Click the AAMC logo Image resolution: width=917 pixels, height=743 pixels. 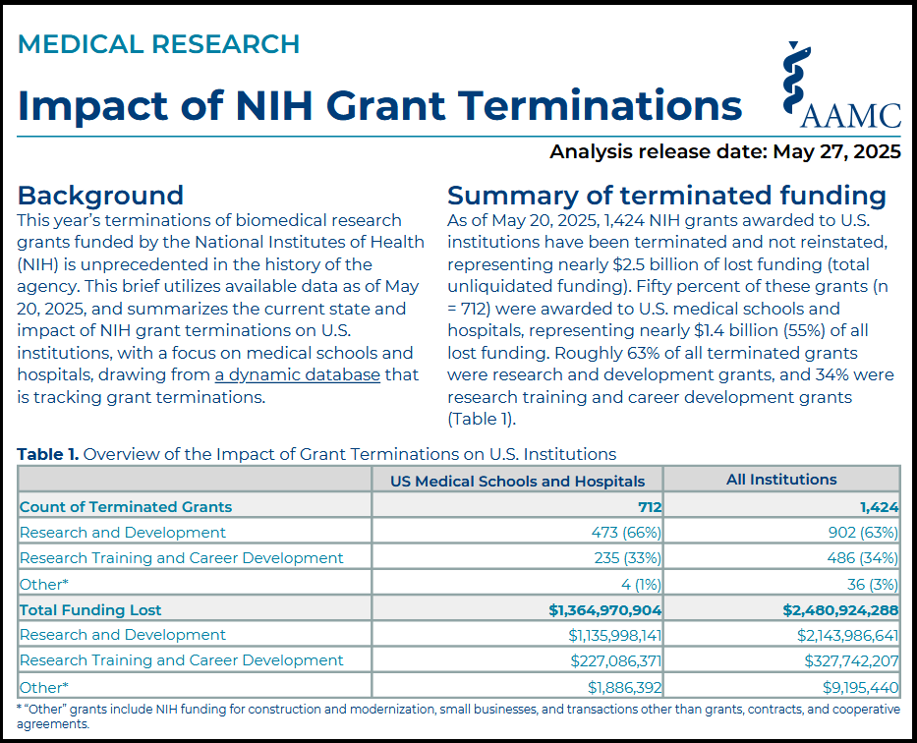click(x=841, y=86)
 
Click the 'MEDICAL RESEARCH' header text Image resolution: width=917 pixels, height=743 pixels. click(x=158, y=44)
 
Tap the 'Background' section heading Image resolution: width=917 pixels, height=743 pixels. click(x=100, y=196)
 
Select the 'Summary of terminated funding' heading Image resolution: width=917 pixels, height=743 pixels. click(x=666, y=196)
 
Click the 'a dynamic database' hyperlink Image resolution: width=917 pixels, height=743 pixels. click(x=298, y=374)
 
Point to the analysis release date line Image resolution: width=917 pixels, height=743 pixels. click(x=725, y=152)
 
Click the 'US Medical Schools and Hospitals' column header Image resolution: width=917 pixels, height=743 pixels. click(x=518, y=482)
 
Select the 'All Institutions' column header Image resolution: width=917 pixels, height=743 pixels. click(x=781, y=480)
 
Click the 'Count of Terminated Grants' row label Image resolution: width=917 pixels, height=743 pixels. click(x=126, y=507)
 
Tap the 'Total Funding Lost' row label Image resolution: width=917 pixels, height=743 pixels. click(x=90, y=610)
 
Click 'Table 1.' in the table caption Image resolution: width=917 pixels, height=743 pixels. click(x=48, y=454)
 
